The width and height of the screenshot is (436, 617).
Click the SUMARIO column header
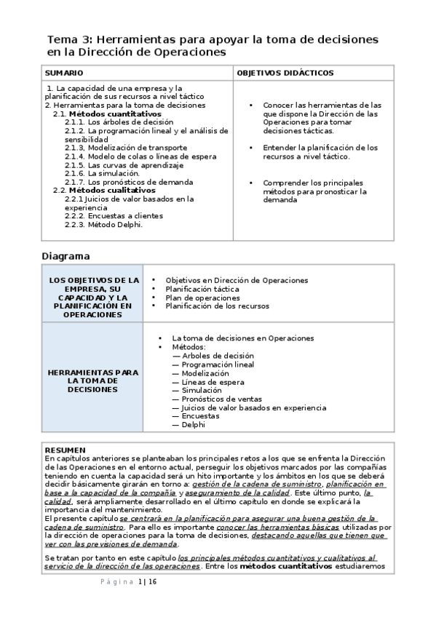(64, 73)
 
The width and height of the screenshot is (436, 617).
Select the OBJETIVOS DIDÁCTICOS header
(285, 73)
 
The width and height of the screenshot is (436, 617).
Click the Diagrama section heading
(66, 256)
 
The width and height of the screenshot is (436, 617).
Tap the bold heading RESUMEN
(65, 450)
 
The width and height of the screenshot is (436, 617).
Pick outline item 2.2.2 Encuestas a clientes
(114, 215)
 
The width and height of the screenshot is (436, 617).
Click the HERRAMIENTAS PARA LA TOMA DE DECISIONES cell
(92, 381)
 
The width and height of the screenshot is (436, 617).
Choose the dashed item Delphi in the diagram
(193, 425)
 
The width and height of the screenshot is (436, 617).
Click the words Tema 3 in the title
(69, 39)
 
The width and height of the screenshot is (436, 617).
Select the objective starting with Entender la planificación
(320, 151)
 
